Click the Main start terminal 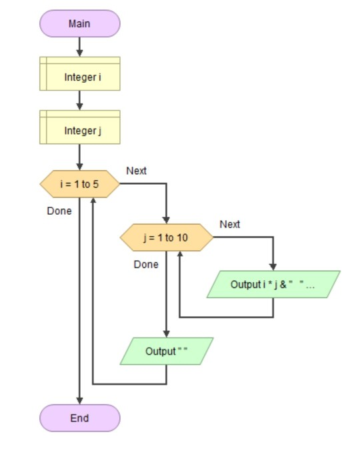(79, 24)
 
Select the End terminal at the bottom (79, 418)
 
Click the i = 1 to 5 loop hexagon (79, 184)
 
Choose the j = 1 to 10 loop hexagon (166, 238)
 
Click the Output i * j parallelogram (273, 284)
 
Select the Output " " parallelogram (166, 351)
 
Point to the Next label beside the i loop (136, 171)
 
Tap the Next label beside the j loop (229, 224)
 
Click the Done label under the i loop (59, 211)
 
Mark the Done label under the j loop (146, 264)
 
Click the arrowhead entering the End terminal (79, 400)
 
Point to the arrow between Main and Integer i (79, 47)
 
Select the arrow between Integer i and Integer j (79, 100)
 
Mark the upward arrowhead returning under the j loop (179, 256)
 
